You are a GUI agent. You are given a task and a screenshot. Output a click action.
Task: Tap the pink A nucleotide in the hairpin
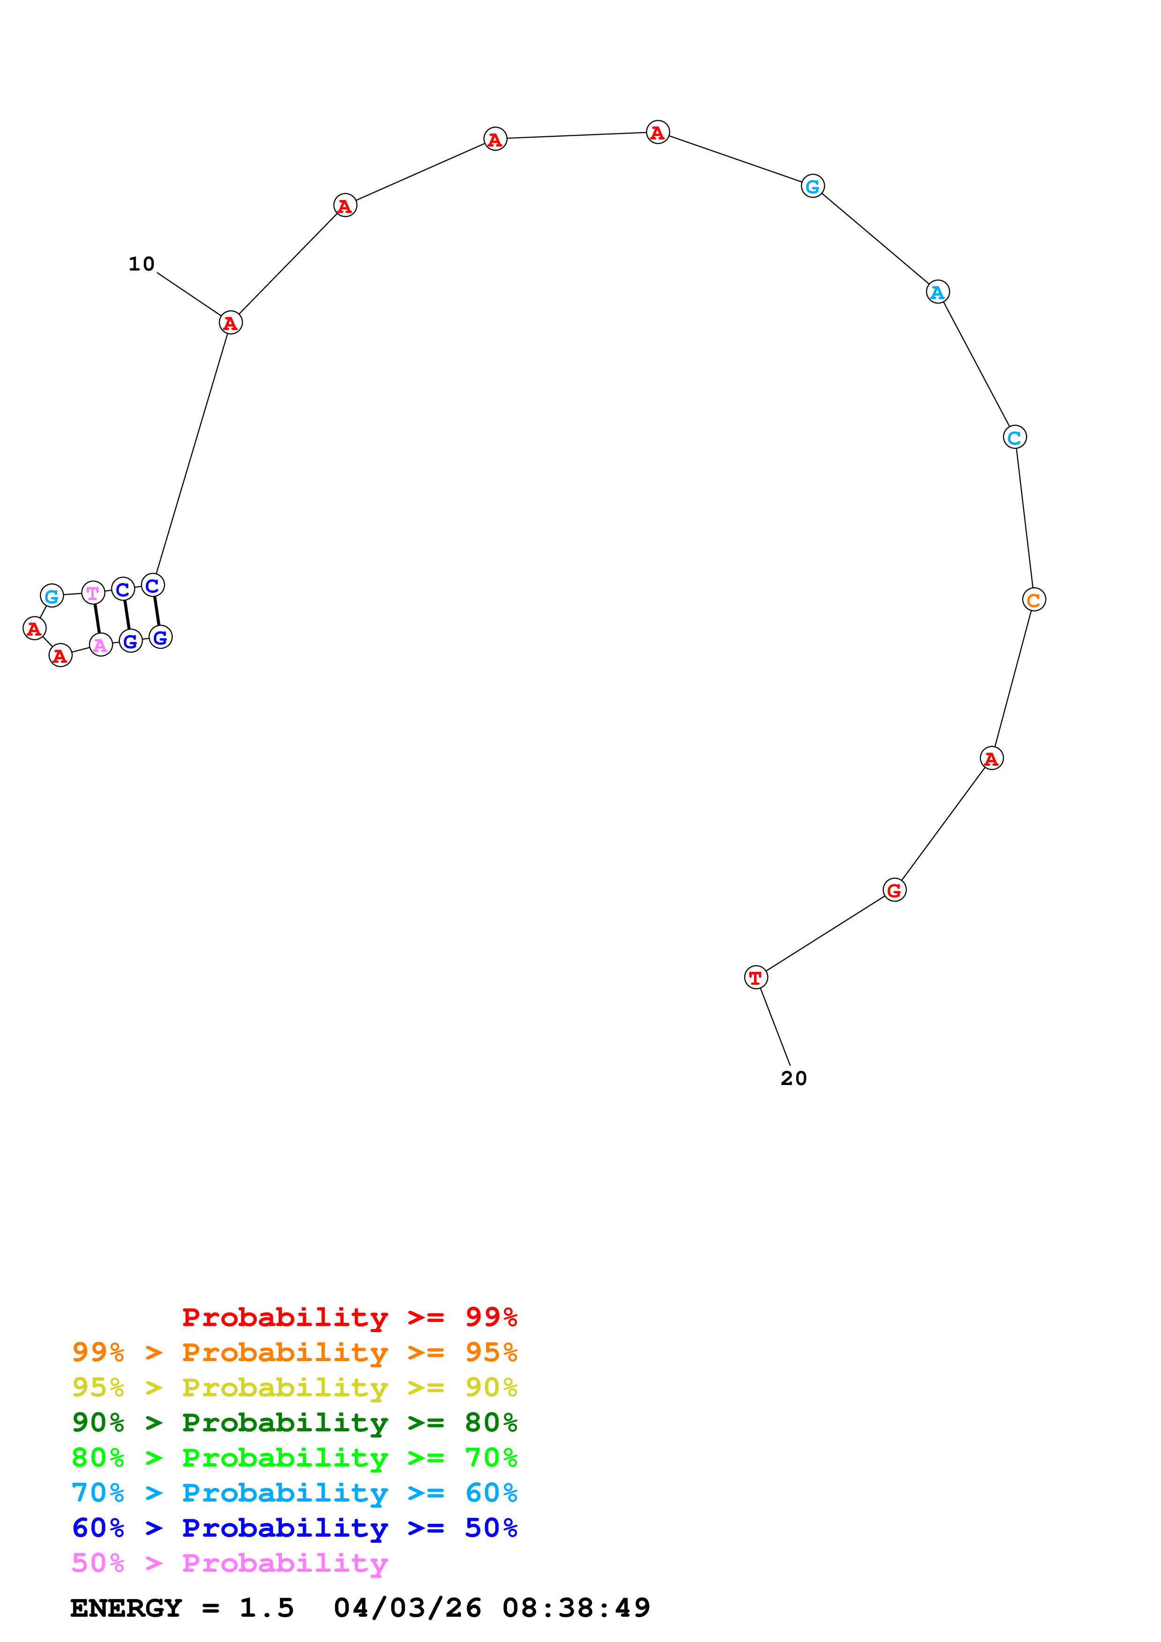(101, 645)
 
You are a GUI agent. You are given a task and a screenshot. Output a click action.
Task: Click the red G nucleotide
(894, 890)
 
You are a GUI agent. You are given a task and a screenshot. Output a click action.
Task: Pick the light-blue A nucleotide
(938, 292)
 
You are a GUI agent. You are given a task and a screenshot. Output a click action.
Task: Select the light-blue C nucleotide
(1014, 437)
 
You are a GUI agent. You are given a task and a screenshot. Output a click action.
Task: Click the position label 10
(141, 264)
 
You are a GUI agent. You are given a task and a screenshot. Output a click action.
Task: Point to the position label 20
(793, 1078)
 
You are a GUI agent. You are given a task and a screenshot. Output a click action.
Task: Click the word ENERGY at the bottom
(126, 1608)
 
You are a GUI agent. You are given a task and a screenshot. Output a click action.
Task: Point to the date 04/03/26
(408, 1608)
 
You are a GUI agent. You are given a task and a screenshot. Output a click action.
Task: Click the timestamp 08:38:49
(576, 1608)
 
